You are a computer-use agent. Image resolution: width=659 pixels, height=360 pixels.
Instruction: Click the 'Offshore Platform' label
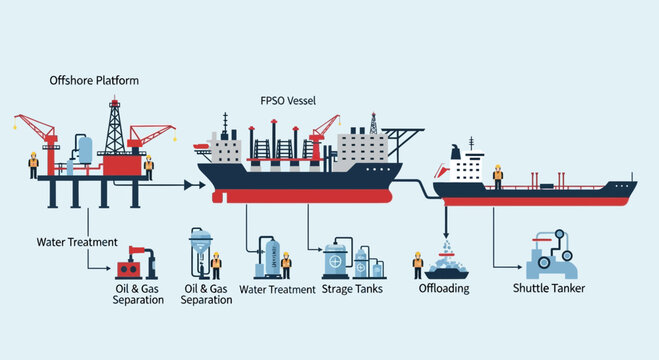pyautogui.click(x=94, y=79)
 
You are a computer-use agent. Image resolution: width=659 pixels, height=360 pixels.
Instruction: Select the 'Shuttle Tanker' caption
pyautogui.click(x=549, y=289)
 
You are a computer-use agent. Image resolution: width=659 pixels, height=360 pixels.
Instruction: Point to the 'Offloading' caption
pyautogui.click(x=444, y=289)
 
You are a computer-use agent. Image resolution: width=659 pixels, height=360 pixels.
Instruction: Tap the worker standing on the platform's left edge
pyautogui.click(x=33, y=163)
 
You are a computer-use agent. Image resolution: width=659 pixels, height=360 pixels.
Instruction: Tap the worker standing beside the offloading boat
pyautogui.click(x=418, y=265)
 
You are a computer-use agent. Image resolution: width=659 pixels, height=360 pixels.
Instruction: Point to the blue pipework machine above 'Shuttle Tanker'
pyautogui.click(x=549, y=256)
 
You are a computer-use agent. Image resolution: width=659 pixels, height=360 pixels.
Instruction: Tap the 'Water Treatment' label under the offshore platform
pyautogui.click(x=77, y=241)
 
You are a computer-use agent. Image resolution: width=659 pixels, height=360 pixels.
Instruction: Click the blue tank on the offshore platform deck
pyautogui.click(x=85, y=151)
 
